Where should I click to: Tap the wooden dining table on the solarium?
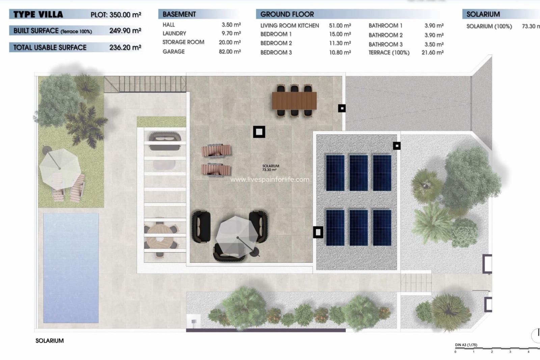tap(294, 101)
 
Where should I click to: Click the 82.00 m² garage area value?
tap(230, 52)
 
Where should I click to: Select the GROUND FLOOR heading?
tap(287, 14)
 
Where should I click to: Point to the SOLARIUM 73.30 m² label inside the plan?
tap(271, 168)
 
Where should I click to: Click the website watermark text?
tap(270, 180)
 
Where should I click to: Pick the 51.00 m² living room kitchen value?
tap(340, 26)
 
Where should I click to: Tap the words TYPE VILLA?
tap(38, 15)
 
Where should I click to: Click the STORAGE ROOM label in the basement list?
tap(183, 42)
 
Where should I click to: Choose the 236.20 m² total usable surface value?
tap(125, 48)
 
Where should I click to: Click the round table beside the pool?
tap(160, 237)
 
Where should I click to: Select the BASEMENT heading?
tap(179, 14)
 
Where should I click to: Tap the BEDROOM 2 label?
tap(276, 43)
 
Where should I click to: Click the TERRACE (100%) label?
tap(389, 53)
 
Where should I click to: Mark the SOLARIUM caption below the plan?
tap(50, 341)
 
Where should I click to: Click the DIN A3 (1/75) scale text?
tap(466, 345)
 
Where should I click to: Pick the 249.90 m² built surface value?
tap(125, 31)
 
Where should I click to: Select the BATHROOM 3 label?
tap(385, 44)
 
